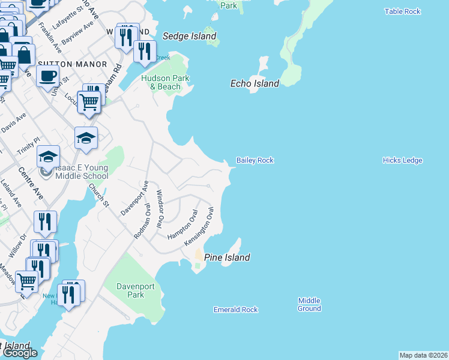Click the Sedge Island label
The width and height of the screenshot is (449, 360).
189,36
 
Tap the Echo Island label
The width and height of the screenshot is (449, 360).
255,83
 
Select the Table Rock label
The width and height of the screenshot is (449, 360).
403,11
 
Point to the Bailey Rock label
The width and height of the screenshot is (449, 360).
255,160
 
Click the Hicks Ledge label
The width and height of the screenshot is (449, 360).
402,160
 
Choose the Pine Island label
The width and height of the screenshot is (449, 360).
227,257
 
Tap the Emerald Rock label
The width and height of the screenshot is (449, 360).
235,310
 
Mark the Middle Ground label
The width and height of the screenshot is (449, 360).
309,305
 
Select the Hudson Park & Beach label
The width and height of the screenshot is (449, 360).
165,83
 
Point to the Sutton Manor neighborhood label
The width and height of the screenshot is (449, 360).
72,64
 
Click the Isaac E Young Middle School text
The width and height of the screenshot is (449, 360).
82,172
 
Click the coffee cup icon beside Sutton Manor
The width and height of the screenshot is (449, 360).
47,76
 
